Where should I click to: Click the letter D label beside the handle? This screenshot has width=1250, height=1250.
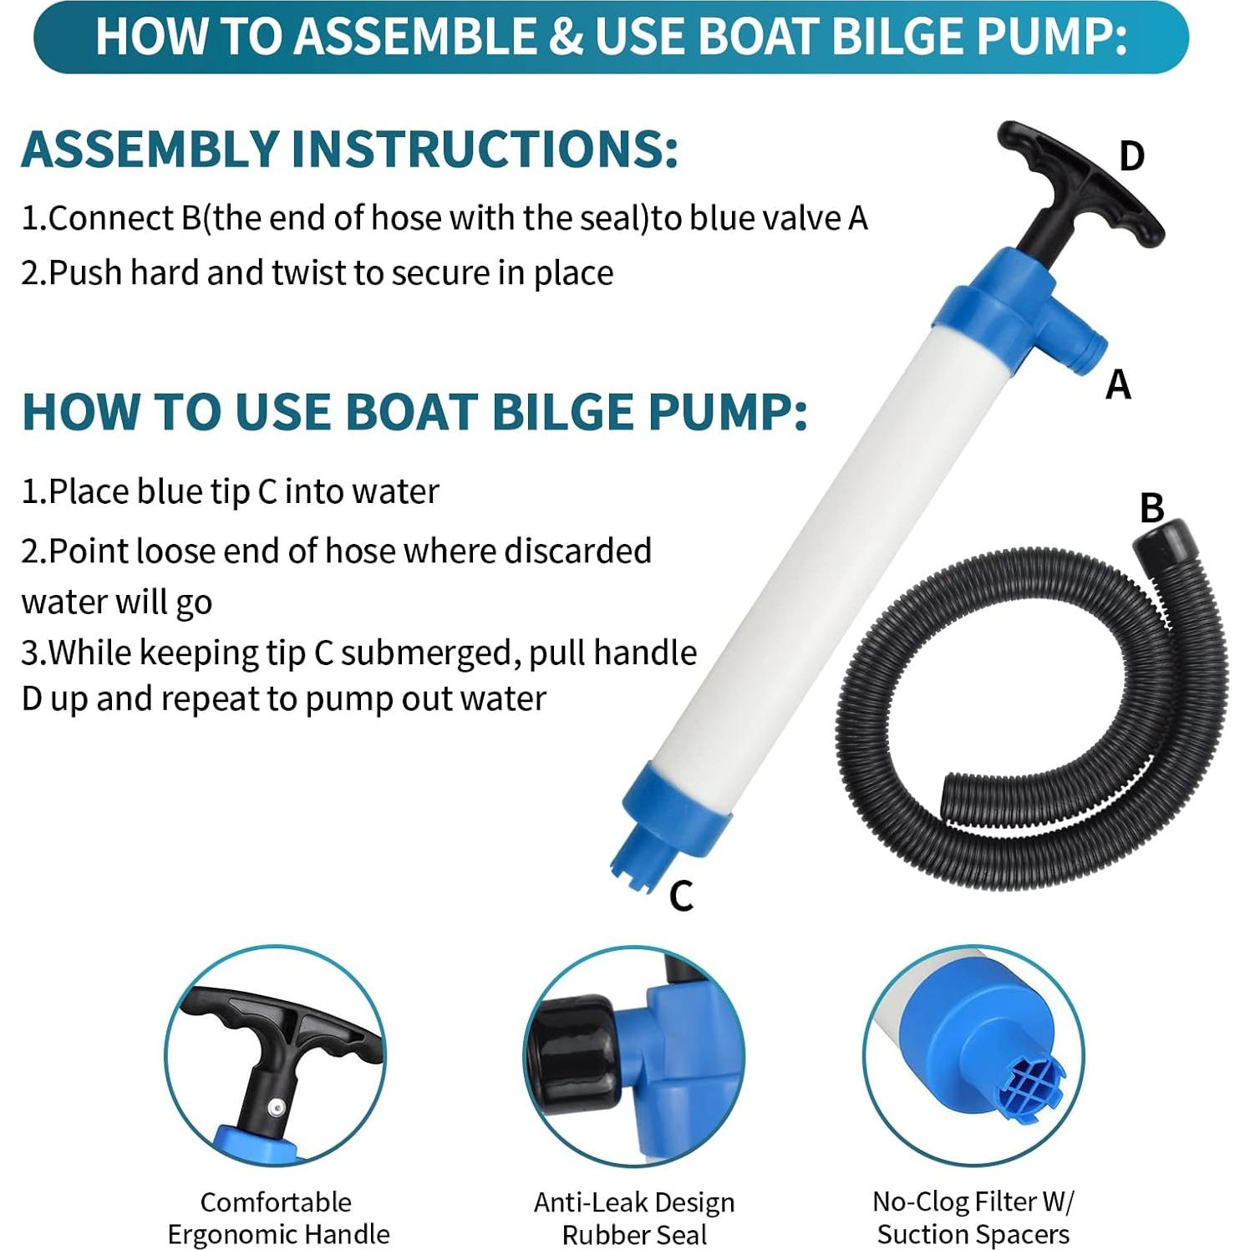coord(1131,156)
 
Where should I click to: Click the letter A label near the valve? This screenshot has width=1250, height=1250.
coord(1118,385)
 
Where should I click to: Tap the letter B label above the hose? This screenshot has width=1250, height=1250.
coord(1151,507)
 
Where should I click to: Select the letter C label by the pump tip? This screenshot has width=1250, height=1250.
coord(681,897)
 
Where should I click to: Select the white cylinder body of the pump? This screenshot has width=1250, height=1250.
coord(819,543)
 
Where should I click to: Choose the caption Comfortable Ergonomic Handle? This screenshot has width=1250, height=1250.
coord(277,1217)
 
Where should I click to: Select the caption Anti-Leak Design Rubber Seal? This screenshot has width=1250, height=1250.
coord(634,1217)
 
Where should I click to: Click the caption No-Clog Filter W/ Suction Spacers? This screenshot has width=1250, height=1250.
coord(973,1217)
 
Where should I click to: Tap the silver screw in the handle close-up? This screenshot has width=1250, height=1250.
coord(272,1108)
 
